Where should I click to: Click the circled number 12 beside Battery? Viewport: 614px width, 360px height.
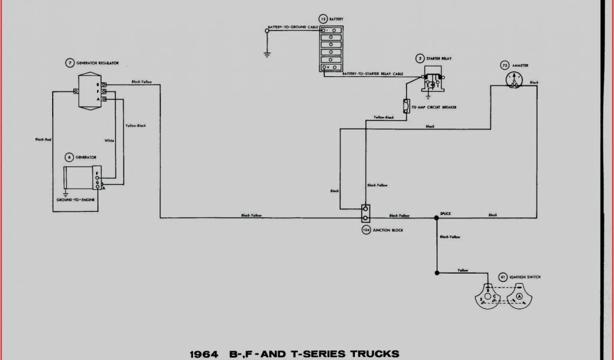point(323,19)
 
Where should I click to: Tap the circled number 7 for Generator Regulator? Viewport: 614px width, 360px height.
point(70,62)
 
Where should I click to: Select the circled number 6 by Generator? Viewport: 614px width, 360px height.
point(70,157)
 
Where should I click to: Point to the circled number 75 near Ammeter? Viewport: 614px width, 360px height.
point(505,65)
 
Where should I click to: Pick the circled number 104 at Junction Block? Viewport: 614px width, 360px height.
point(365,230)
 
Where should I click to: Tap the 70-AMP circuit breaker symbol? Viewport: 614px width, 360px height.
point(407,106)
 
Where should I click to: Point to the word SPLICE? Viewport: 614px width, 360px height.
point(445,214)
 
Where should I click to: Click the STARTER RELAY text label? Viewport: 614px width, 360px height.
point(439,59)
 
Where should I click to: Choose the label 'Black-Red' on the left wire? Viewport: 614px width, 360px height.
point(43,140)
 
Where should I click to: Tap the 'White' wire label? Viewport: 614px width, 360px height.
point(110,140)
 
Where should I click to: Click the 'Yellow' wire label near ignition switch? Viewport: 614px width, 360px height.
point(462,270)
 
